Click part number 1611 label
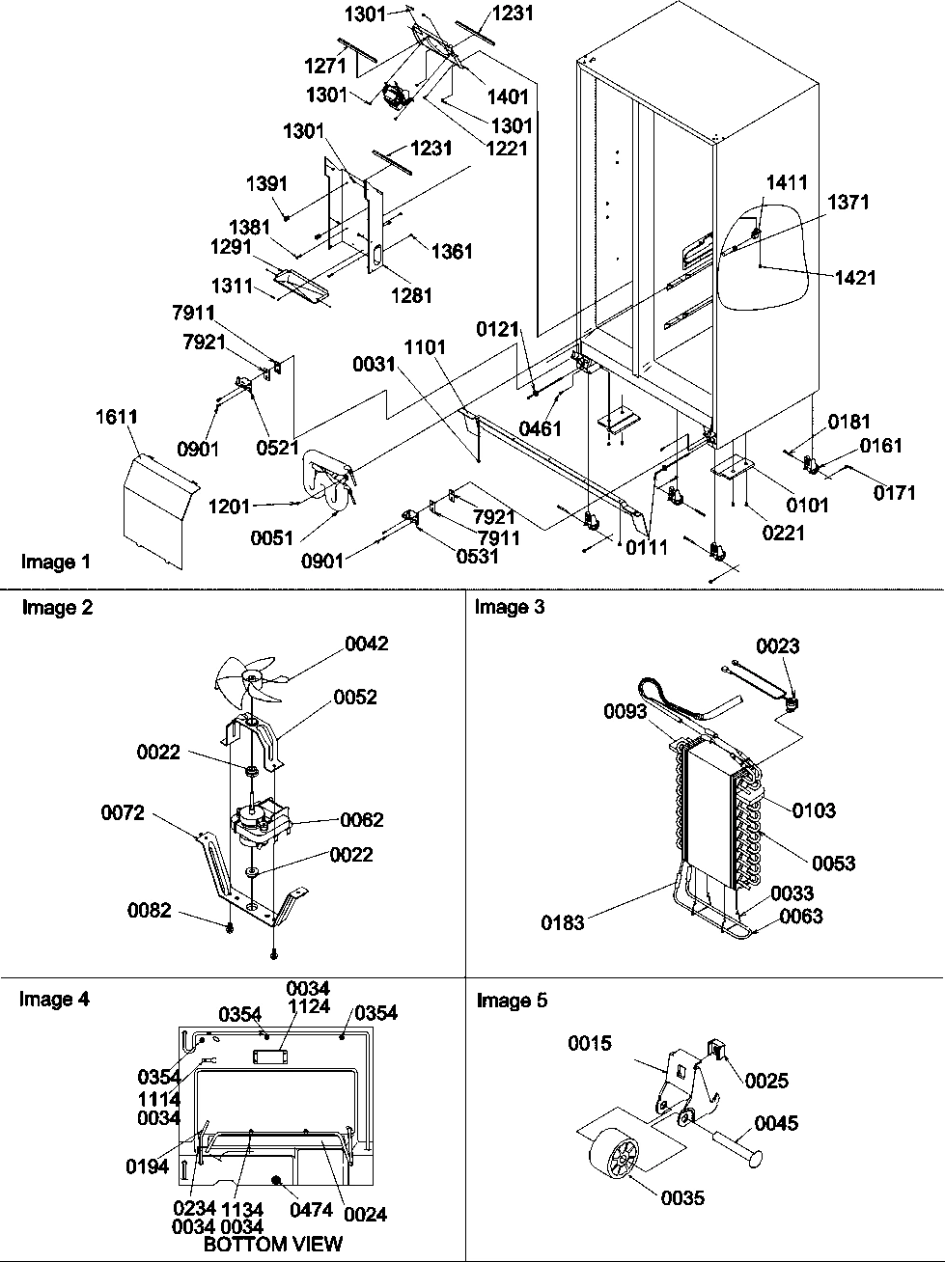pos(116,417)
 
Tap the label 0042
pos(367,644)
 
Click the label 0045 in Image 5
pos(776,1123)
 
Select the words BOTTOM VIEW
pos(273,1244)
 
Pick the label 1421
pos(855,278)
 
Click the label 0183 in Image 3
pos(563,923)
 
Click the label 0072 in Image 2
pos(123,813)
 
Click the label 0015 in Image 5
pos(590,1044)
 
